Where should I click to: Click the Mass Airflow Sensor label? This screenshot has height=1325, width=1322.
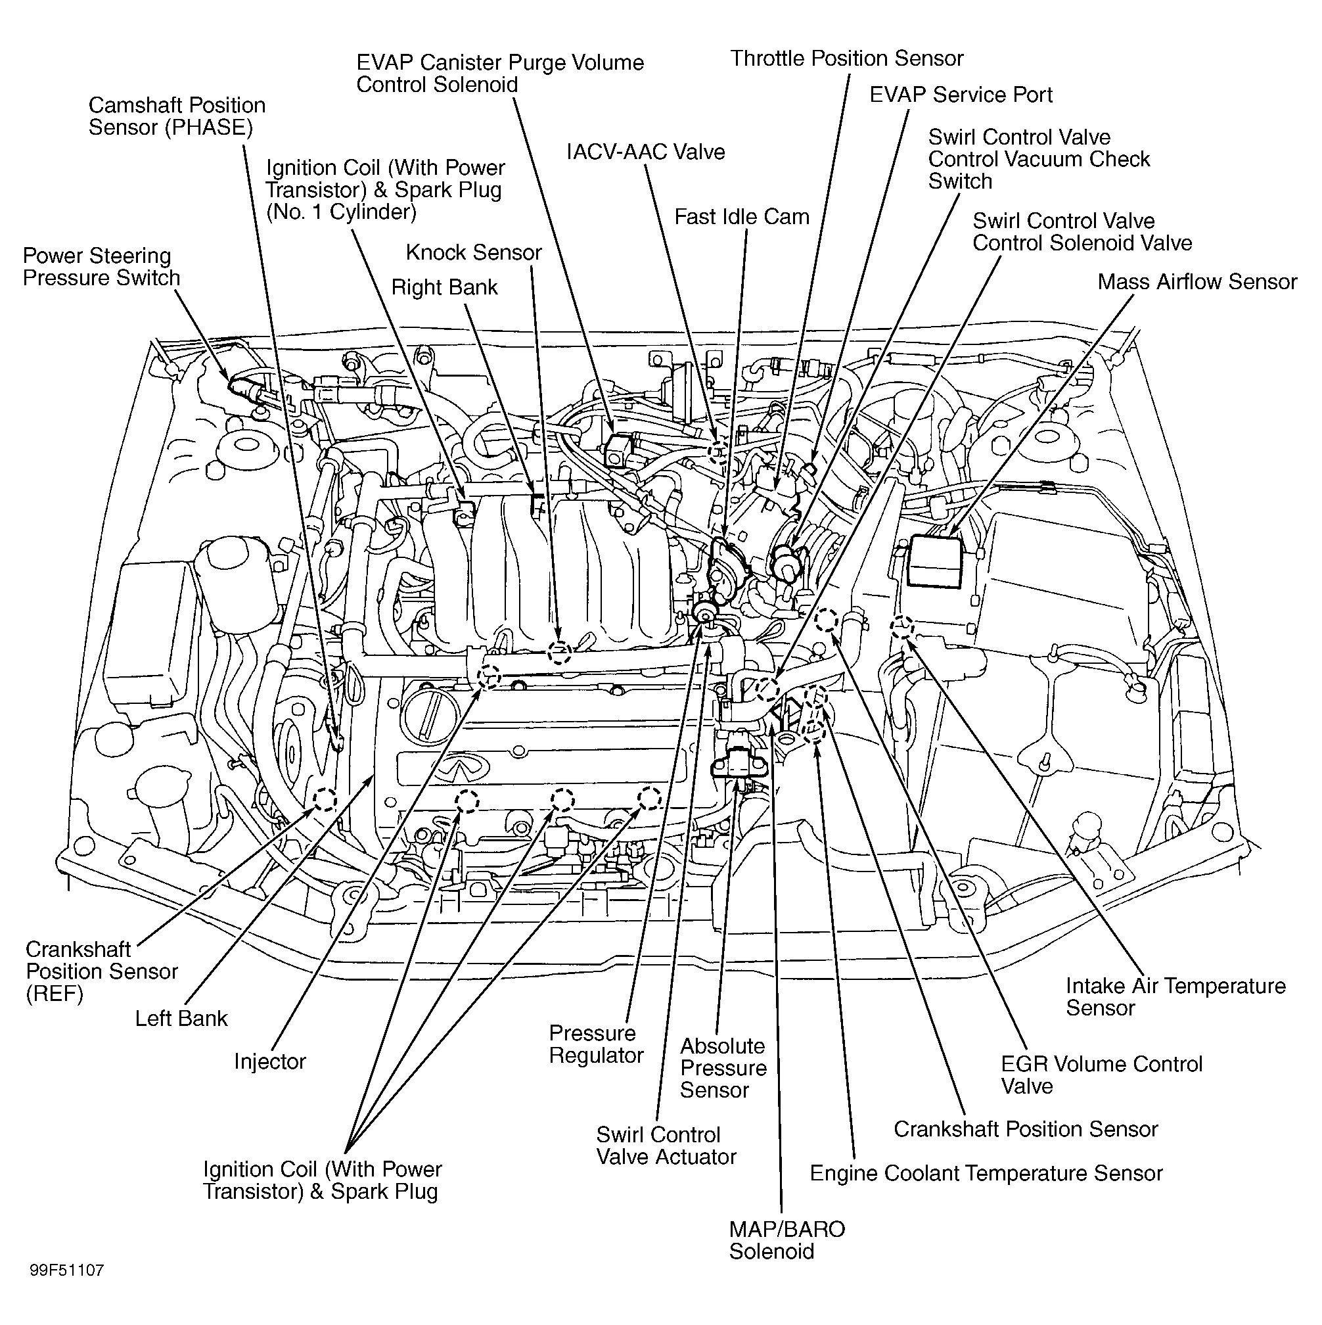(x=1197, y=282)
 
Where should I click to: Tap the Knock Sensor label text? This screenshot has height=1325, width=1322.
(x=473, y=252)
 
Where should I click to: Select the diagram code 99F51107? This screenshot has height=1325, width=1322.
(x=66, y=1270)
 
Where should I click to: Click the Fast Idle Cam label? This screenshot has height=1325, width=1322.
(x=741, y=217)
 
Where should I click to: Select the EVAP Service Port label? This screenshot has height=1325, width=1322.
(x=960, y=95)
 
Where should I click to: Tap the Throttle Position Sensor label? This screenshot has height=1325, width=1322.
(x=846, y=58)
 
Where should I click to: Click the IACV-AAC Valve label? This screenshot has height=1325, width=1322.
(x=645, y=152)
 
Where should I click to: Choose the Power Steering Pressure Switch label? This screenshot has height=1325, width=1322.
(x=101, y=267)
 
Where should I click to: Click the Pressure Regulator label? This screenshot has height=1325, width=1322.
(x=595, y=1044)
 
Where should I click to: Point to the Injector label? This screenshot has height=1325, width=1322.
(x=269, y=1061)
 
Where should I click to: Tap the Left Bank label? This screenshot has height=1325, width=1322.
(x=181, y=1019)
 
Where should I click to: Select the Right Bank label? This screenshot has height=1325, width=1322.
(x=444, y=287)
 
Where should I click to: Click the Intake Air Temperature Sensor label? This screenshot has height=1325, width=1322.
(x=1175, y=996)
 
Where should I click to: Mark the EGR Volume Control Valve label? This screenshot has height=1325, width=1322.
(x=1101, y=1075)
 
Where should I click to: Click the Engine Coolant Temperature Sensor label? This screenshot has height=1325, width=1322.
(x=986, y=1173)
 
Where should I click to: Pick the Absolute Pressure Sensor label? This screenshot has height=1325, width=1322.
(x=723, y=1068)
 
